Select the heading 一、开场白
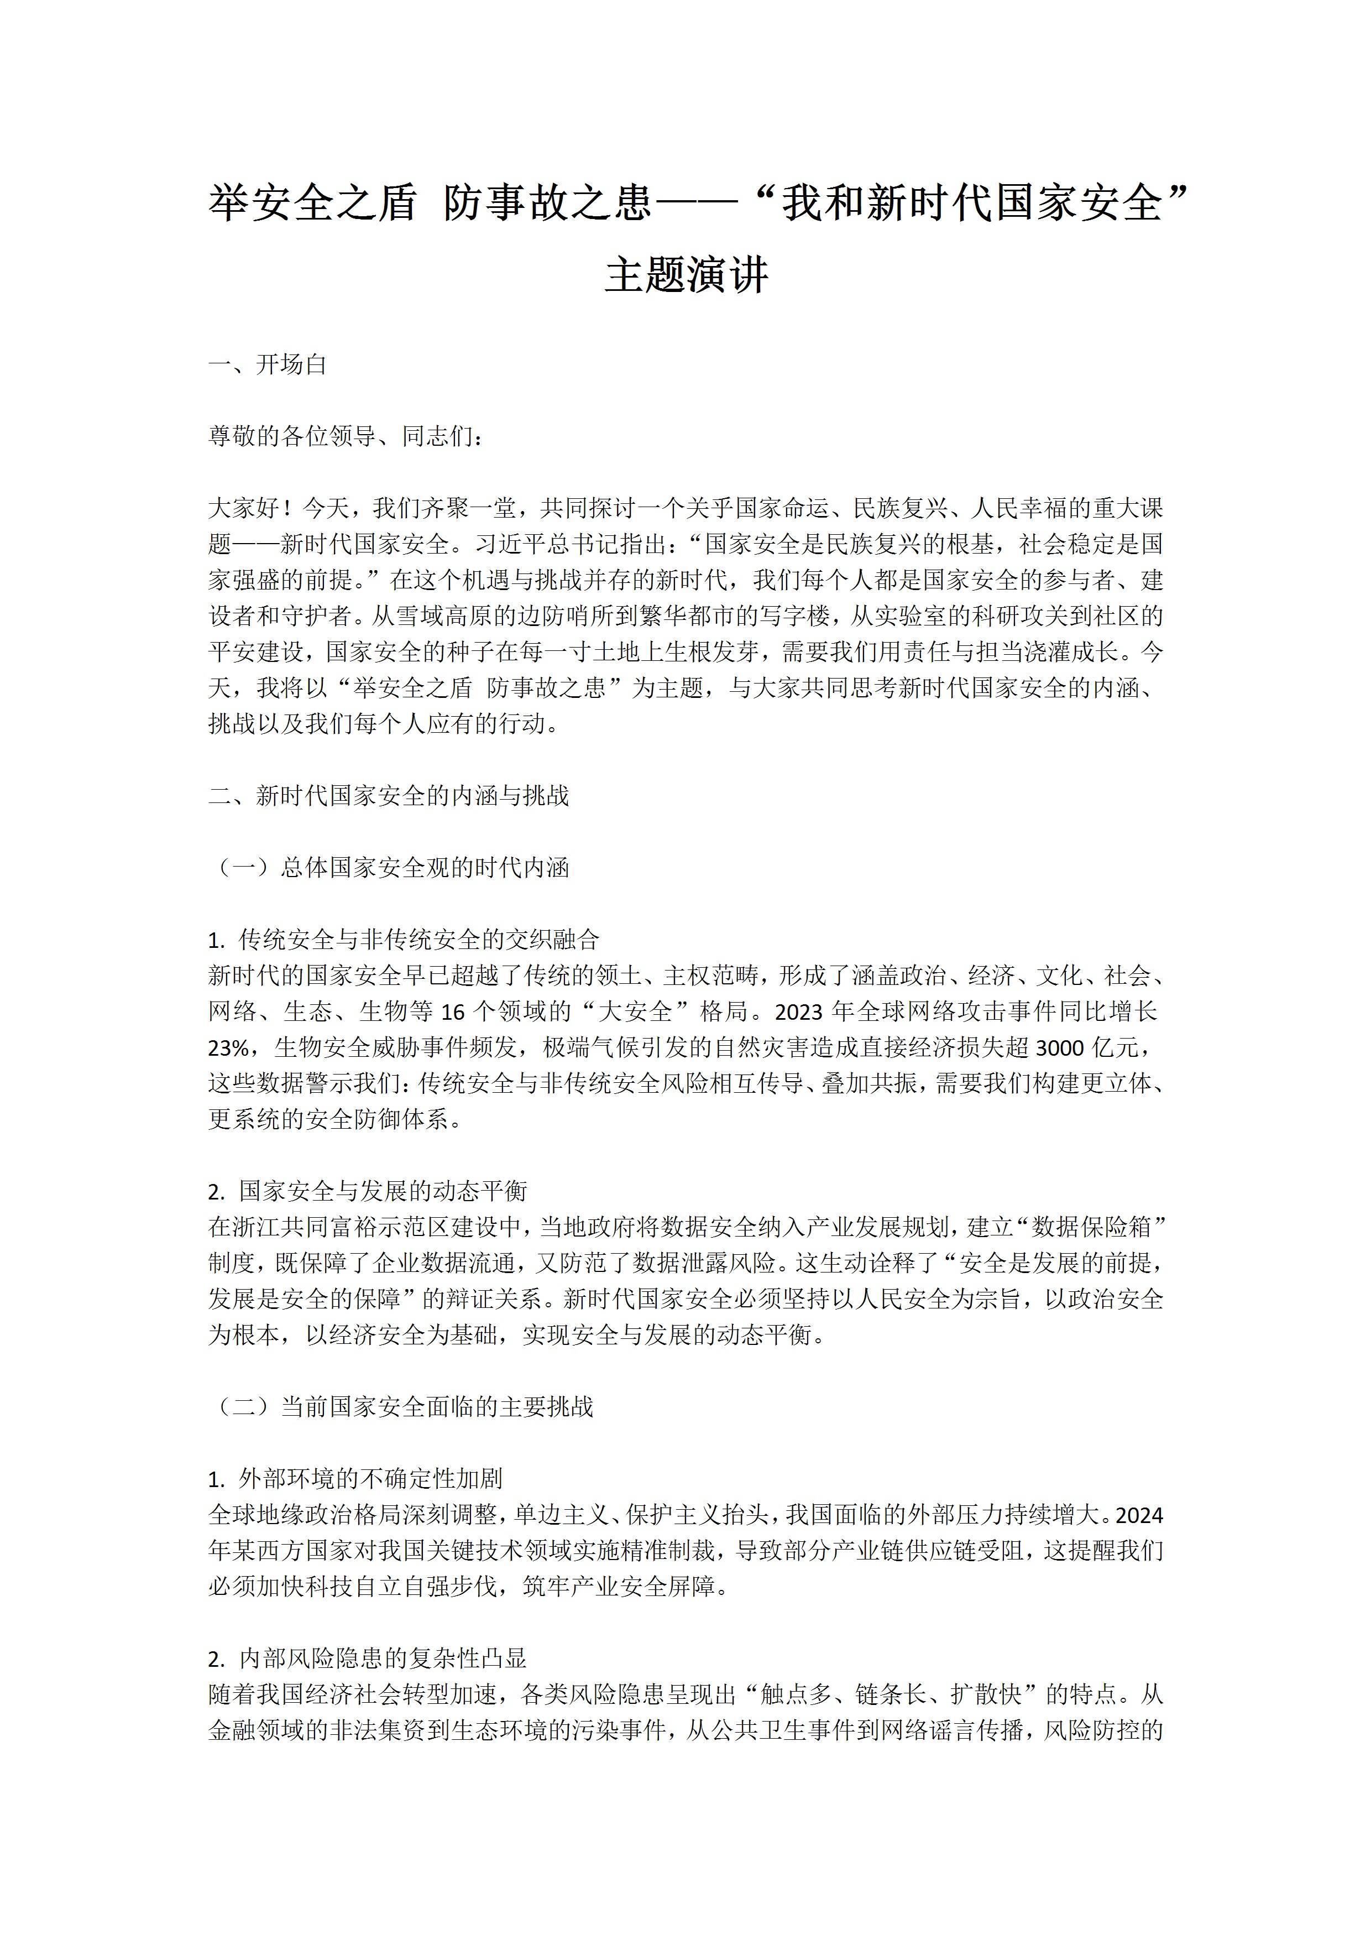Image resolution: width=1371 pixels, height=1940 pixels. pyautogui.click(x=268, y=365)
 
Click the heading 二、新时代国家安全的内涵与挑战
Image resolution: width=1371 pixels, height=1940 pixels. pyautogui.click(x=389, y=796)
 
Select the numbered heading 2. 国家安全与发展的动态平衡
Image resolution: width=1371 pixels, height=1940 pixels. pyautogui.click(x=368, y=1191)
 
